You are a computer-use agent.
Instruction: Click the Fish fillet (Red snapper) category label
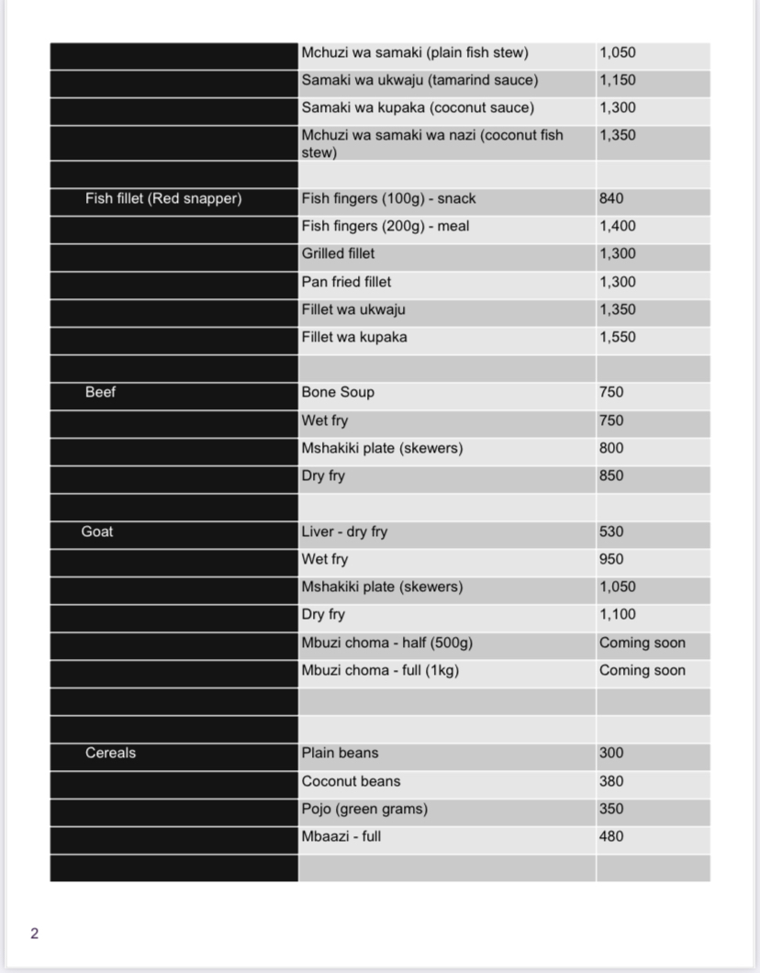tap(163, 198)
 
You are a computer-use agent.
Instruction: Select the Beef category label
tap(100, 392)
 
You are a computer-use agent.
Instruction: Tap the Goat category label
tap(97, 531)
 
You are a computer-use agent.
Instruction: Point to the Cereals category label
tap(110, 753)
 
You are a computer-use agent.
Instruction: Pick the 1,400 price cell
tap(618, 226)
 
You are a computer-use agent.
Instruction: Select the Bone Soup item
tap(338, 392)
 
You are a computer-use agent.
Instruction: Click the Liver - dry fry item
tap(344, 531)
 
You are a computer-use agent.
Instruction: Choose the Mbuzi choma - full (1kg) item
tap(380, 670)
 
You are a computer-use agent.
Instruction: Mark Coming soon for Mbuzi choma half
tap(643, 643)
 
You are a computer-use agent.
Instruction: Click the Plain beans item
tap(340, 753)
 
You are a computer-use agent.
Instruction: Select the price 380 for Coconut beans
tap(611, 781)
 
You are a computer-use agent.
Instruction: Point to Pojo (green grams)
tap(364, 809)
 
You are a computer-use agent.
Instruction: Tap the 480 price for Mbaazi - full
tap(611, 836)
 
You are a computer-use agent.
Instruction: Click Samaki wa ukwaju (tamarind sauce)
tap(419, 80)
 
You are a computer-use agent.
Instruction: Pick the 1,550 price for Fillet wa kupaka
tap(618, 337)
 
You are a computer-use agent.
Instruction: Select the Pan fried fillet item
tap(346, 282)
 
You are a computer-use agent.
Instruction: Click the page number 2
tap(35, 934)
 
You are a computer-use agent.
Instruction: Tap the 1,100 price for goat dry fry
tap(618, 614)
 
